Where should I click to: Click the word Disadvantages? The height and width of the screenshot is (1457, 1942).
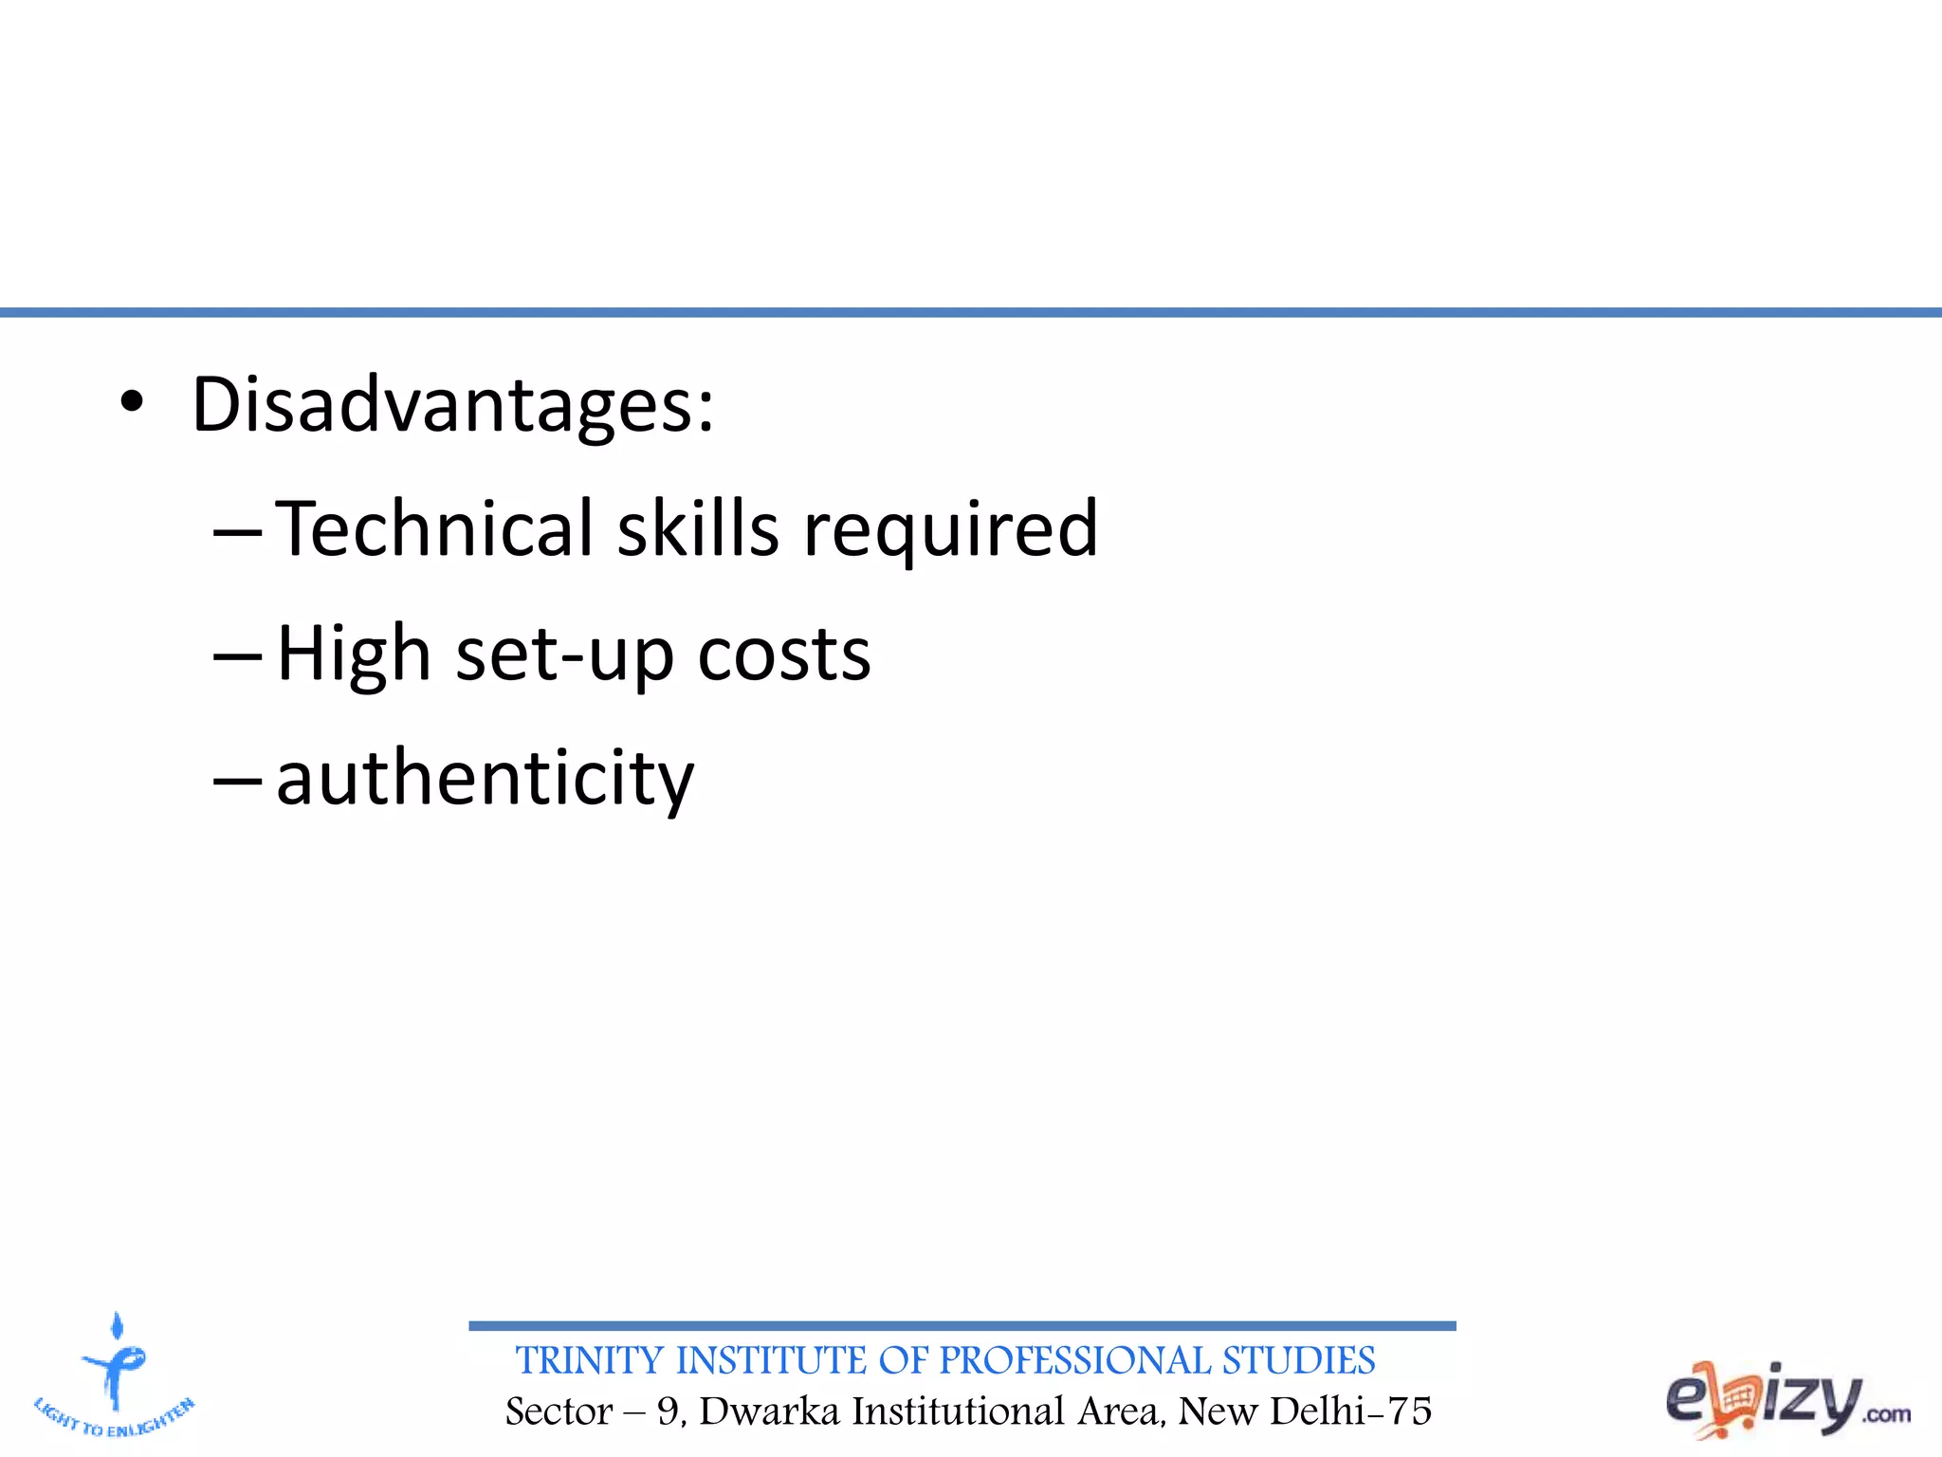pyautogui.click(x=452, y=405)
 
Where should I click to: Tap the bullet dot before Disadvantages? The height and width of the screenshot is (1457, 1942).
pyautogui.click(x=132, y=402)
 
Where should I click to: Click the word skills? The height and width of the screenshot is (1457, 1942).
pyautogui.click(x=698, y=528)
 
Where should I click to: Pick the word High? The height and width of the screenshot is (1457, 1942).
pyautogui.click(x=354, y=655)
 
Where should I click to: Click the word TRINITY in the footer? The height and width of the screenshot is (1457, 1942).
pyautogui.click(x=589, y=1361)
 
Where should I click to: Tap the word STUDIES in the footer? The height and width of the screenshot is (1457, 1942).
pyautogui.click(x=1298, y=1361)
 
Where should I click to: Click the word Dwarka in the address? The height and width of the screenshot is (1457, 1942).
pyautogui.click(x=769, y=1411)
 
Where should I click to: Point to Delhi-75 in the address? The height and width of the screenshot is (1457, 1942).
pyautogui.click(x=1350, y=1411)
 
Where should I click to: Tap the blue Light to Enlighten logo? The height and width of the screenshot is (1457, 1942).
pyautogui.click(x=115, y=1376)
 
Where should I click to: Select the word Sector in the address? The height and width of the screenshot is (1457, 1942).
pyautogui.click(x=559, y=1411)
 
